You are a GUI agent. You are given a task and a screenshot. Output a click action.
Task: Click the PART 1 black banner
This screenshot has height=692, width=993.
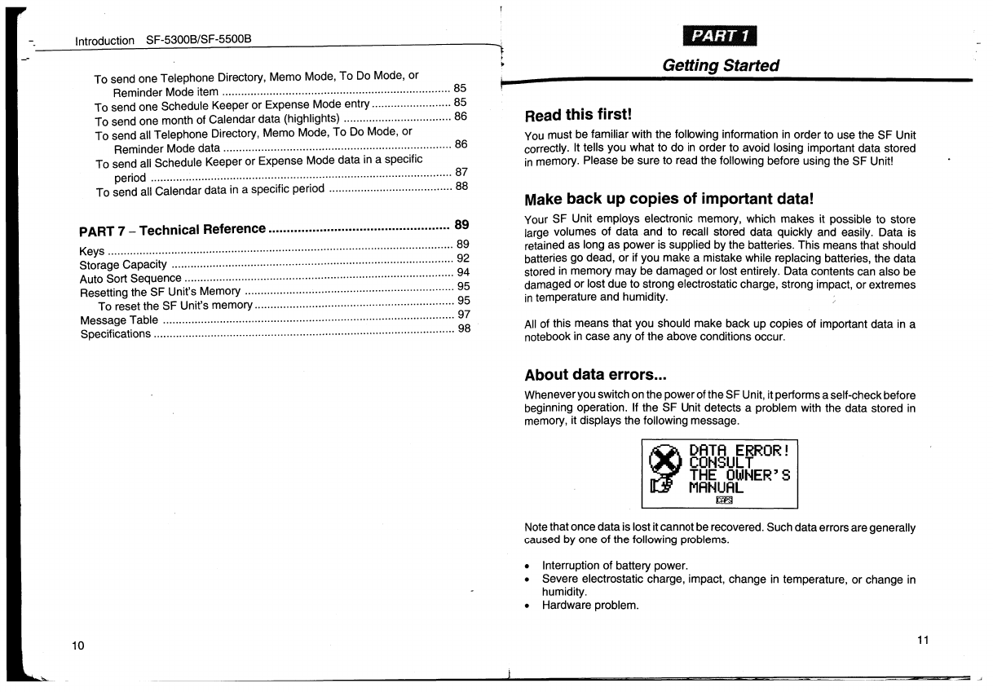721,38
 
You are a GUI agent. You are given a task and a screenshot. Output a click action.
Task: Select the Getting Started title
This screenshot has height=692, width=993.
721,65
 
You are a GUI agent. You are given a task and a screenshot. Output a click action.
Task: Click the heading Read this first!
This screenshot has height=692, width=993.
578,115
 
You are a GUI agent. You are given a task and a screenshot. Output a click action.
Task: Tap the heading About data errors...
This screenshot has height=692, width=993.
596,375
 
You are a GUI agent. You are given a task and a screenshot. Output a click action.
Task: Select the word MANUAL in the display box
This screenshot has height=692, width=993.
717,487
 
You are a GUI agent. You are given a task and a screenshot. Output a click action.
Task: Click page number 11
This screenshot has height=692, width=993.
923,640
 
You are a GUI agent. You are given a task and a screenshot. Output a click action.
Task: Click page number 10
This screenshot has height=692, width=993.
78,646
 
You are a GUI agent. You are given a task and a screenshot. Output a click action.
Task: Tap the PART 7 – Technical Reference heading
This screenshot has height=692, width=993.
172,229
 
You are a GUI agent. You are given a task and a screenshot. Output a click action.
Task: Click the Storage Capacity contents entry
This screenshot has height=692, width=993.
123,265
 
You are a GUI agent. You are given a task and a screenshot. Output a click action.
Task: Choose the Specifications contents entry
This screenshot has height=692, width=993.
115,334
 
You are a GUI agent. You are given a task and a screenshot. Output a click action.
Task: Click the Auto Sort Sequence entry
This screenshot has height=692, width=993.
130,279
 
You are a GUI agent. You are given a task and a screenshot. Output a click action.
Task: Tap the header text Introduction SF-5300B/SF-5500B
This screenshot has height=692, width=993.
163,39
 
